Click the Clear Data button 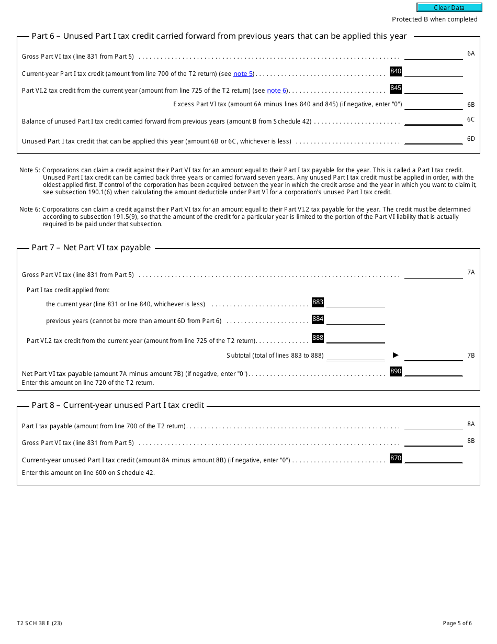pyautogui.click(x=449, y=7)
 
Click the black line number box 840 pyautogui.click(x=396, y=71)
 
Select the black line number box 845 pyautogui.click(x=396, y=88)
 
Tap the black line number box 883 pyautogui.click(x=318, y=302)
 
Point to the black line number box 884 pyautogui.click(x=318, y=319)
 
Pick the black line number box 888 pyautogui.click(x=318, y=338)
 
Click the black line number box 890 pyautogui.click(x=396, y=371)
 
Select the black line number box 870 pyautogui.click(x=396, y=458)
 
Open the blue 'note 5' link pyautogui.click(x=243, y=74)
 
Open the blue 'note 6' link pyautogui.click(x=277, y=91)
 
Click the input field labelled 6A pyautogui.click(x=433, y=54)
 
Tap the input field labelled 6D pyautogui.click(x=433, y=139)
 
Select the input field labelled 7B pyautogui.click(x=433, y=356)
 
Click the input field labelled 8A pyautogui.click(x=433, y=424)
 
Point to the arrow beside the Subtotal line pyautogui.click(x=396, y=355)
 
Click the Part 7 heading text pyautogui.click(x=91, y=248)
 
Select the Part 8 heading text pyautogui.click(x=118, y=405)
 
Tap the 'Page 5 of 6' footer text pyautogui.click(x=457, y=623)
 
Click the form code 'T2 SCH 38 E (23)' pyautogui.click(x=39, y=623)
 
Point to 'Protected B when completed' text pyautogui.click(x=434, y=19)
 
